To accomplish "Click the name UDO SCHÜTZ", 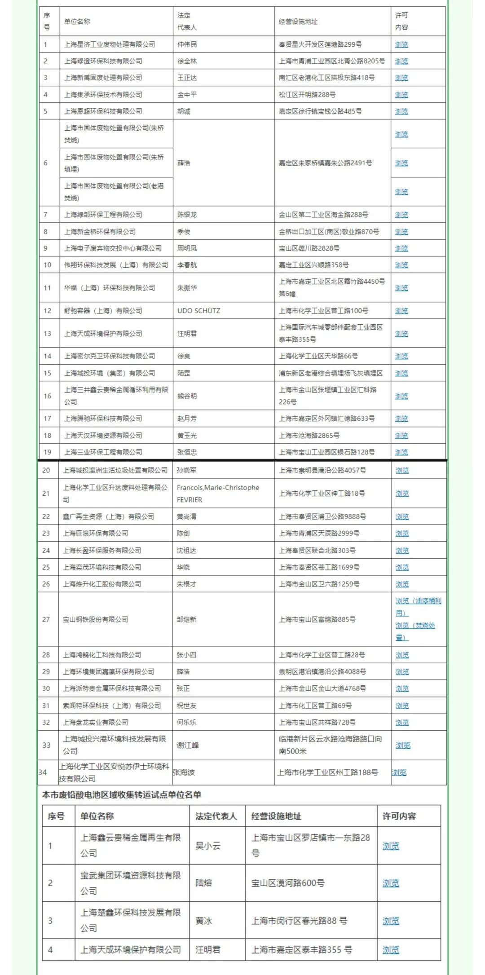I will click(x=198, y=311).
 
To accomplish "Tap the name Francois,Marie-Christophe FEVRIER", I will click(x=218, y=494).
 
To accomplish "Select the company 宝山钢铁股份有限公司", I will click(x=96, y=619).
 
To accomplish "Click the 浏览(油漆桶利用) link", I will click(x=418, y=607).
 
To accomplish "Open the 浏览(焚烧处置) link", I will click(x=415, y=631).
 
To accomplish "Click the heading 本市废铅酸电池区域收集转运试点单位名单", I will click(x=122, y=794).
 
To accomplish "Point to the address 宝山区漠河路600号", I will click(x=288, y=883).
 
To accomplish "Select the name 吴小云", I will click(x=208, y=846).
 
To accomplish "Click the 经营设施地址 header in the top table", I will click(x=298, y=22).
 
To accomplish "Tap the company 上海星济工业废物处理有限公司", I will click(x=110, y=44).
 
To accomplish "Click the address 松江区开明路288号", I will click(x=307, y=95).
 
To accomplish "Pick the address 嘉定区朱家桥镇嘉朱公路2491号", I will click(x=325, y=163).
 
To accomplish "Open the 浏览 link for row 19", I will click(x=401, y=452).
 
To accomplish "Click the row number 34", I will click(x=43, y=772).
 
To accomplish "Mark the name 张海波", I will click(x=184, y=772).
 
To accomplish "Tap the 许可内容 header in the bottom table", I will click(x=399, y=816).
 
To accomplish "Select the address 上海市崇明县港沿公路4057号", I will click(x=322, y=470).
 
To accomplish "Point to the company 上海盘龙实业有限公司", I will click(x=96, y=722).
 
